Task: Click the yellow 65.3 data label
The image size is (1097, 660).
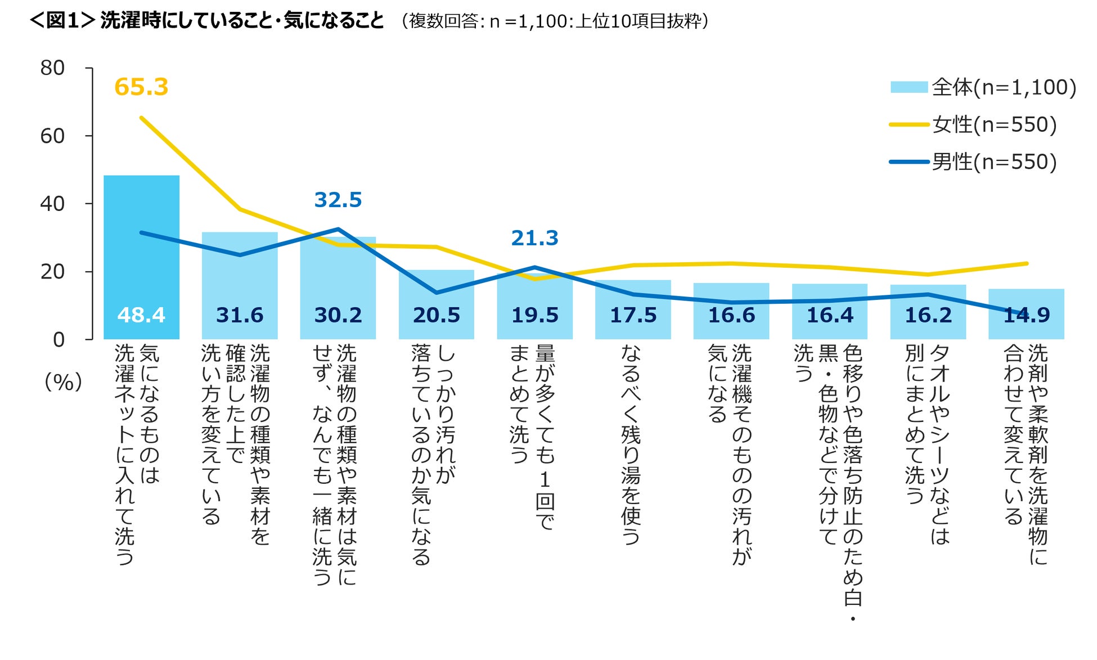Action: click(x=141, y=87)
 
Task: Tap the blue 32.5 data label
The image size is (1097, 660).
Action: click(x=338, y=200)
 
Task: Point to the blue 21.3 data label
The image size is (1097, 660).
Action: click(x=534, y=238)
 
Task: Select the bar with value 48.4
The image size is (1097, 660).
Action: click(x=141, y=253)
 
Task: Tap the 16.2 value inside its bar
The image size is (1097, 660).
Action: click(x=928, y=315)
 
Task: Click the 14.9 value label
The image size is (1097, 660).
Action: click(x=1027, y=315)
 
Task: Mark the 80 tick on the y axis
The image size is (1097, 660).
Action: click(x=52, y=68)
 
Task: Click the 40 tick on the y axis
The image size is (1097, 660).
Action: click(x=52, y=204)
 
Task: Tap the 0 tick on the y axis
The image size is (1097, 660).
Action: click(x=59, y=339)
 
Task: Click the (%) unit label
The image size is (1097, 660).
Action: click(x=63, y=382)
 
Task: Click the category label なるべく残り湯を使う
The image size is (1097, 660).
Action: click(x=631, y=445)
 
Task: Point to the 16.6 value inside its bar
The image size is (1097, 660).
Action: click(x=731, y=315)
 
